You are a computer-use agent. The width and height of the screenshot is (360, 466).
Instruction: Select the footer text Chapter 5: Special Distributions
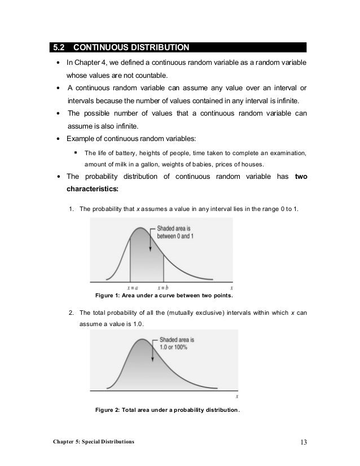(x=90, y=441)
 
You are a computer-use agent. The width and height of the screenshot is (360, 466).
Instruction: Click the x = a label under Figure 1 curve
(x=130, y=287)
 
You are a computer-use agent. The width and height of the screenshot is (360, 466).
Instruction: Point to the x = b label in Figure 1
(x=164, y=287)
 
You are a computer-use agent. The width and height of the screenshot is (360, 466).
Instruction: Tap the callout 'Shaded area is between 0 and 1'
(x=179, y=231)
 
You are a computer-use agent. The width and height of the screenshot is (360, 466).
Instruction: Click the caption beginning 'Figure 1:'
(x=164, y=296)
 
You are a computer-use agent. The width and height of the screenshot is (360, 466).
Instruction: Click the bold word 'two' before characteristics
(x=301, y=178)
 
